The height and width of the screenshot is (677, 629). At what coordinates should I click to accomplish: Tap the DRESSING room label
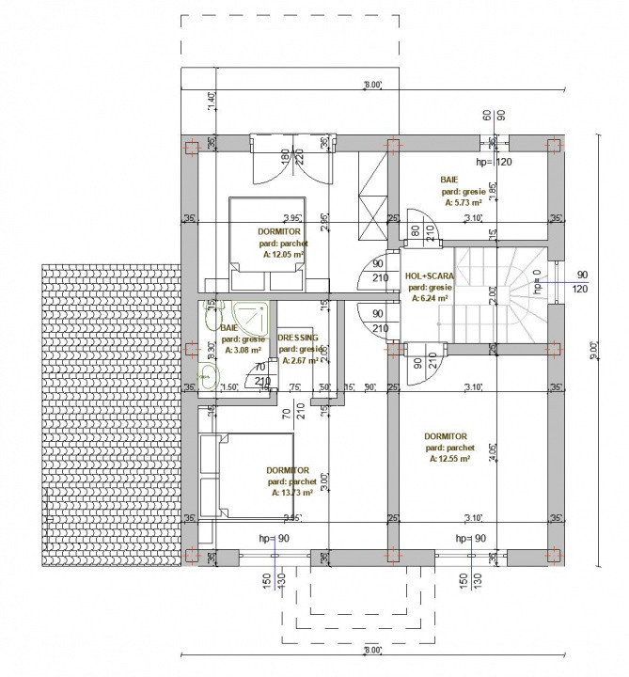click(298, 337)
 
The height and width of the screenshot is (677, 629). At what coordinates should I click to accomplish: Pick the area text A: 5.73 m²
click(462, 201)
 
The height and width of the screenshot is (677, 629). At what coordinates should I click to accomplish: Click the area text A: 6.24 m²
click(429, 298)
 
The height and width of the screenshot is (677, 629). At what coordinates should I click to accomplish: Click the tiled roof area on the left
click(108, 414)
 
